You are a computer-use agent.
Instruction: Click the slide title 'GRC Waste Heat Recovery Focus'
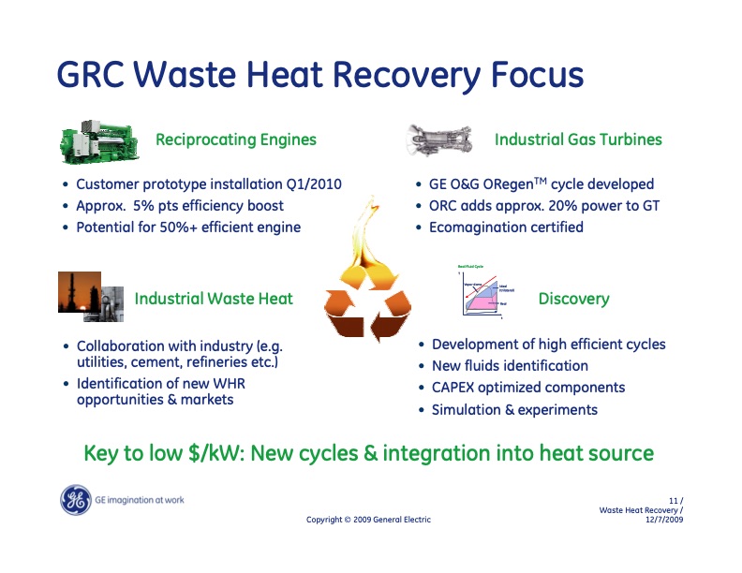[x=319, y=75]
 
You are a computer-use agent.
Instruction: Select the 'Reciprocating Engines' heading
[x=235, y=140]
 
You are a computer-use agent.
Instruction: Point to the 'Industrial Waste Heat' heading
[x=214, y=300]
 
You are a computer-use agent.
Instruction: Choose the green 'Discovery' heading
[x=573, y=300]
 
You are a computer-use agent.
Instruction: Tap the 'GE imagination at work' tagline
[x=140, y=500]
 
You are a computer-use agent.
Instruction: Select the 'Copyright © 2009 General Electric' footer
[x=369, y=521]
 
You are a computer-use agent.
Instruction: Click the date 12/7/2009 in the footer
[x=664, y=520]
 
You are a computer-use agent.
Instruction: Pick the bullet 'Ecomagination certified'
[x=506, y=228]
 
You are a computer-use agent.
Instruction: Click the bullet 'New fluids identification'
[x=510, y=366]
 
